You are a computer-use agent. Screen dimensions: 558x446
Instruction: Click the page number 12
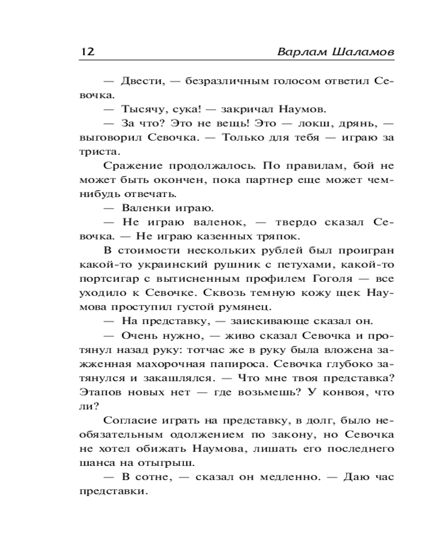click(x=88, y=51)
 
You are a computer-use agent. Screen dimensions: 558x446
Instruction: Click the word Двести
click(x=143, y=81)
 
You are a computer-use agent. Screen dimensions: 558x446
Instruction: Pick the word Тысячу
click(x=143, y=109)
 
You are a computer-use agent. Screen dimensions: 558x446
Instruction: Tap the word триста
click(x=96, y=151)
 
